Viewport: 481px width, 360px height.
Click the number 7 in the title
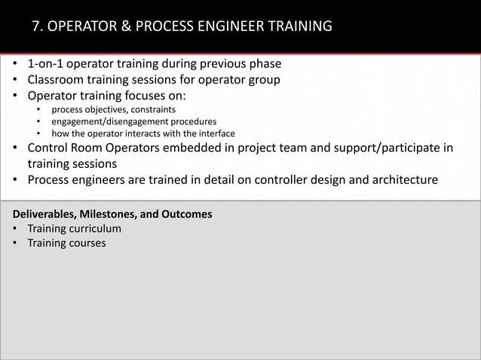coord(37,27)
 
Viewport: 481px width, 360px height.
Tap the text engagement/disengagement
coord(102,121)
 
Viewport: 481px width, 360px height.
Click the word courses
coord(86,243)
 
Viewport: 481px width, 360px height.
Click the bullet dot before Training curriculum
coord(15,228)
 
